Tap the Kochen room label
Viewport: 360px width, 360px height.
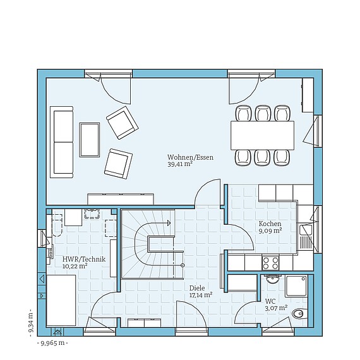[x=270, y=224]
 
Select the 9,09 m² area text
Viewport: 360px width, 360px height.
[x=269, y=232]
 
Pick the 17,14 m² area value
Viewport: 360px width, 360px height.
[x=201, y=294]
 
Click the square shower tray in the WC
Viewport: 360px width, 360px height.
[x=296, y=286]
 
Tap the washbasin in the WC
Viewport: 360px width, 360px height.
[x=273, y=279]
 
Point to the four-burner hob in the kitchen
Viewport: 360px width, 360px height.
[x=271, y=263]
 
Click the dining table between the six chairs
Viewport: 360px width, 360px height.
[x=263, y=135]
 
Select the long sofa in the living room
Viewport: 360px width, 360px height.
[x=63, y=141]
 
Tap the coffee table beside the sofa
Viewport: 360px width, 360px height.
[x=90, y=137]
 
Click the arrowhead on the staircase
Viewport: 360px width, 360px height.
[x=169, y=222]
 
